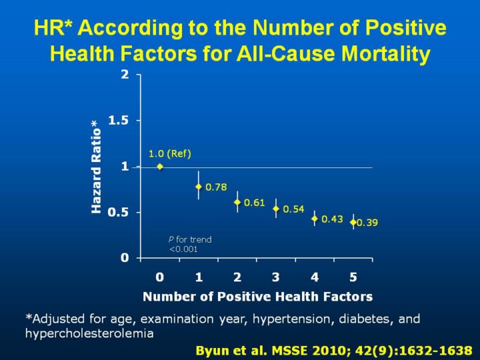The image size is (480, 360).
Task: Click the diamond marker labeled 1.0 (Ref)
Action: [x=160, y=166]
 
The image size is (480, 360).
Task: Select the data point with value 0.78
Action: [x=199, y=187]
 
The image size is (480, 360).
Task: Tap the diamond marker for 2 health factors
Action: [x=237, y=202]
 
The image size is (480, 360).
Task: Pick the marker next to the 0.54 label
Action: [x=276, y=209]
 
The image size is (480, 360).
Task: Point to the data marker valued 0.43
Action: [x=315, y=219]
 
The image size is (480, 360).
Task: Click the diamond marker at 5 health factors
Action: [x=353, y=222]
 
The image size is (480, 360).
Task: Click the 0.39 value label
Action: [x=367, y=223]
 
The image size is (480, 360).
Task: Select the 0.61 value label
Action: [x=255, y=203]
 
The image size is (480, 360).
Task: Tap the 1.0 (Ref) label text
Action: [x=170, y=154]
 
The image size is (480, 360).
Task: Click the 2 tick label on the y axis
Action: [x=125, y=75]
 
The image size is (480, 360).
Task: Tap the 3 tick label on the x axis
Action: [x=276, y=276]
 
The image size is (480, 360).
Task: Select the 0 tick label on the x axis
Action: [x=160, y=276]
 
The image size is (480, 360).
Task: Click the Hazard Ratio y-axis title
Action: [x=96, y=167]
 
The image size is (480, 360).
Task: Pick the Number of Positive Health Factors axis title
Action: [x=257, y=296]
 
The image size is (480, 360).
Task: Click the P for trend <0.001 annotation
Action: [x=189, y=244]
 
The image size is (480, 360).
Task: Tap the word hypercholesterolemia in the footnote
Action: [x=89, y=333]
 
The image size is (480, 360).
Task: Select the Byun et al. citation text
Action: [x=334, y=350]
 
